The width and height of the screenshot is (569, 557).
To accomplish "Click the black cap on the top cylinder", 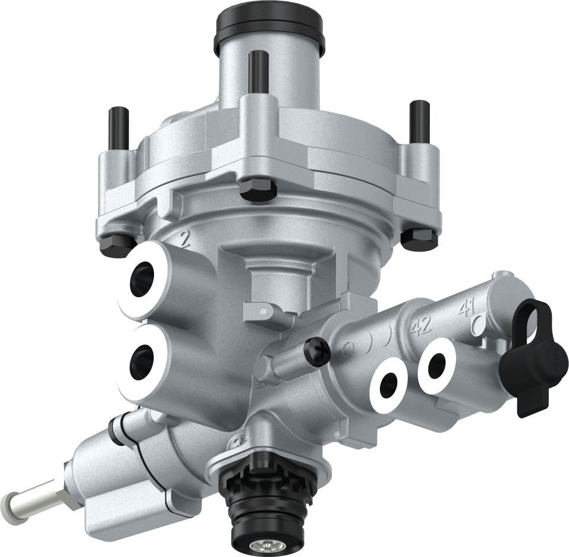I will tap(269, 27).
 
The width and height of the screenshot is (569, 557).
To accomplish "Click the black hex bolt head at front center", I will tap(258, 189).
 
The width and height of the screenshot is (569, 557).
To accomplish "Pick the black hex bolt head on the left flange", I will tap(117, 244).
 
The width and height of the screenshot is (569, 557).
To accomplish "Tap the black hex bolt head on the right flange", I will tap(419, 238).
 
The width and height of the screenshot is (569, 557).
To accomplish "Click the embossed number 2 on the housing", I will tap(184, 239).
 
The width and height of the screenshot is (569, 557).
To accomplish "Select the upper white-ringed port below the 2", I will tap(143, 278).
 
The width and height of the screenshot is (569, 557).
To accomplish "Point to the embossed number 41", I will tap(467, 309).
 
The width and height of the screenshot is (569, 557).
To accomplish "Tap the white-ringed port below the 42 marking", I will tap(389, 385).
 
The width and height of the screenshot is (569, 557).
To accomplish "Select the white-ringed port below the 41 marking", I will tap(437, 365).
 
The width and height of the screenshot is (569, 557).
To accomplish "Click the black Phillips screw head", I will tap(317, 353).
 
